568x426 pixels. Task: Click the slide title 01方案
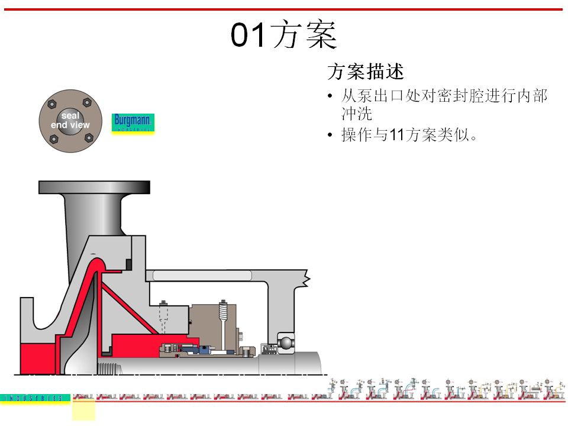(283, 35)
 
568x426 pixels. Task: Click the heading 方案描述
(365, 72)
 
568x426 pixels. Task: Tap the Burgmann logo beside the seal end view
(133, 123)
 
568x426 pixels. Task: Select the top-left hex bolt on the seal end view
(51, 104)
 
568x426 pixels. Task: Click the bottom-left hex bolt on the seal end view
(53, 139)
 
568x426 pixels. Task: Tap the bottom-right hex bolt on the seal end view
(89, 137)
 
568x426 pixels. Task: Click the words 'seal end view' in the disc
(70, 121)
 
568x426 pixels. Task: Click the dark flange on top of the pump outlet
(94, 187)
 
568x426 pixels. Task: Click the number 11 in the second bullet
(395, 135)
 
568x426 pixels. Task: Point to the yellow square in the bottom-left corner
(83, 409)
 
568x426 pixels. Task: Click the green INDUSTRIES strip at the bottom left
(35, 399)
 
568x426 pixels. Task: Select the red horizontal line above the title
(284, 9)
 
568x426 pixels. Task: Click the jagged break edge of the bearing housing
(306, 276)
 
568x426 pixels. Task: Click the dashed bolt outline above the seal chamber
(163, 322)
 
